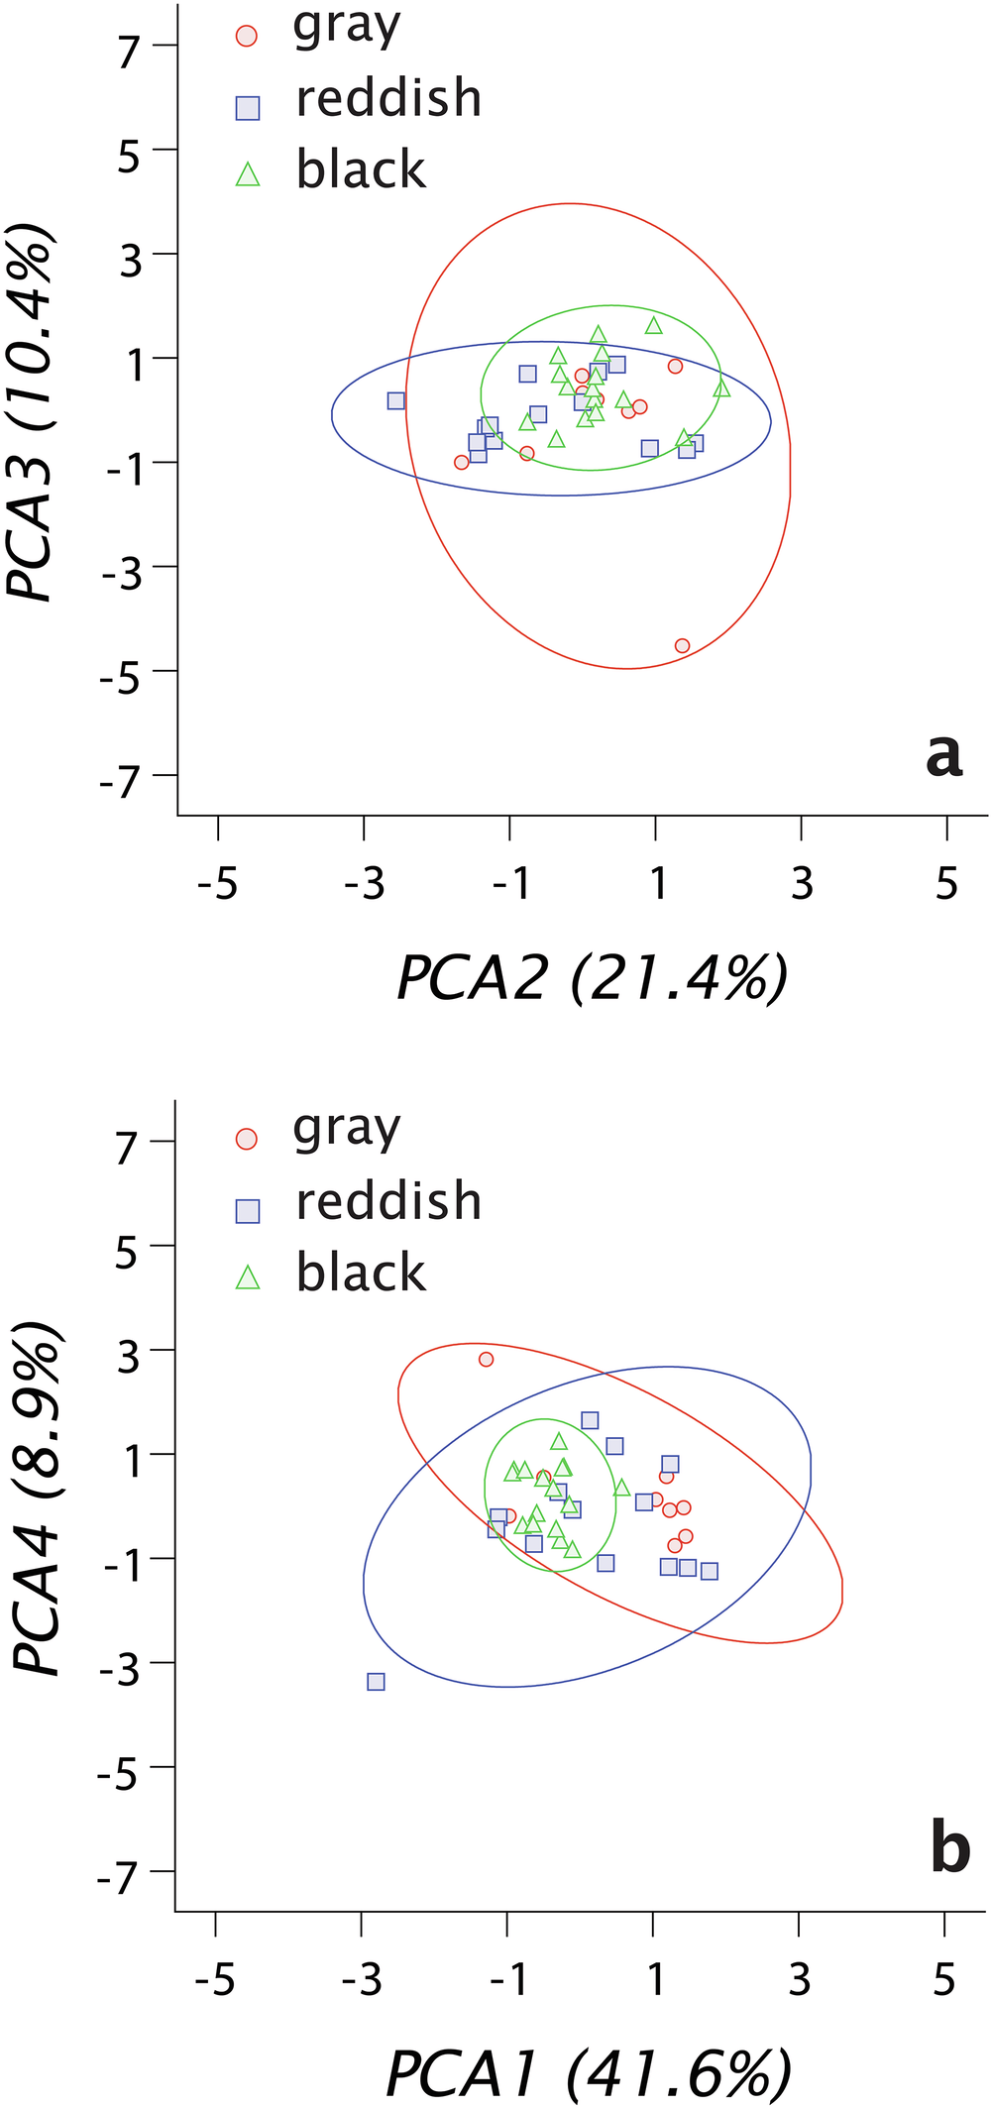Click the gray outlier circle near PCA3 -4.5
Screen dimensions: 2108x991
point(682,645)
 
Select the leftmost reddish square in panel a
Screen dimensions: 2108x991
point(396,400)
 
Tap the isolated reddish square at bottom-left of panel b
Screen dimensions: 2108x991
point(376,1681)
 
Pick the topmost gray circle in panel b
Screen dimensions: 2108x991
point(486,1359)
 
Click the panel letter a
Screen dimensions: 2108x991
point(943,755)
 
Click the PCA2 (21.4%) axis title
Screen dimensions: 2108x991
point(593,978)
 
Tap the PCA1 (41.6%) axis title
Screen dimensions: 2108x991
point(589,2073)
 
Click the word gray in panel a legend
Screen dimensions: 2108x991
point(347,28)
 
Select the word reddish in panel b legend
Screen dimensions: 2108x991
point(388,1200)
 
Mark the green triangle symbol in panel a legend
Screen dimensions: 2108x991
point(247,175)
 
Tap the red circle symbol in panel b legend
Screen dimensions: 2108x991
point(247,1139)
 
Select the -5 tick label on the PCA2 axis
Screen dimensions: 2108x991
point(217,882)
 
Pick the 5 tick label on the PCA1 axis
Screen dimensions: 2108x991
point(943,1979)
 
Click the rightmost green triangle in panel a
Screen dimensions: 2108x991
point(721,388)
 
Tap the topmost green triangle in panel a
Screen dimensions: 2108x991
point(653,325)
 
